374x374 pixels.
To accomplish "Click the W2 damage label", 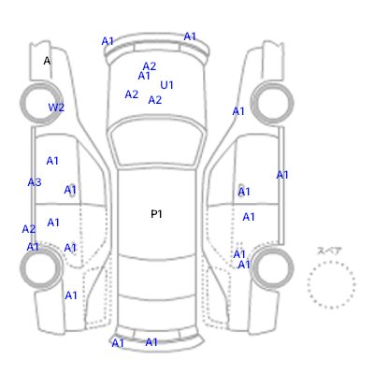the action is [56, 108].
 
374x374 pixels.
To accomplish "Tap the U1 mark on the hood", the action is [166, 85].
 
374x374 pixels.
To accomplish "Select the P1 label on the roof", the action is [156, 214].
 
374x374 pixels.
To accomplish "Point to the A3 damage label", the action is [35, 182].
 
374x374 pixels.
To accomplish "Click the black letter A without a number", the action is [47, 61].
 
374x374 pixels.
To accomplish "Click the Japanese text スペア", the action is [329, 251].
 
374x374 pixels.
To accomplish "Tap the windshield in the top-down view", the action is [157, 143].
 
